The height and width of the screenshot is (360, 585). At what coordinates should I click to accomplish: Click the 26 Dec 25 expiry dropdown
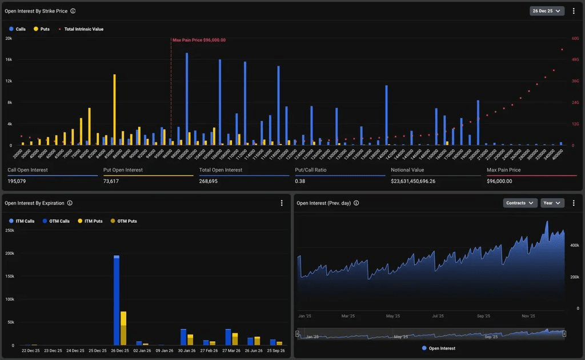[x=547, y=11]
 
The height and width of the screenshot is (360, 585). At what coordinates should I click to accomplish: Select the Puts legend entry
[x=41, y=29]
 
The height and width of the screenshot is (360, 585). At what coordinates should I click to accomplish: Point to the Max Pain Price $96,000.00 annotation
[x=199, y=40]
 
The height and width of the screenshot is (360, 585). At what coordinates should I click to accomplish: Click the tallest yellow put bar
[x=114, y=109]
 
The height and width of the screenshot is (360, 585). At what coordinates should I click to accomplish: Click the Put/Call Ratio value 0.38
[x=300, y=181]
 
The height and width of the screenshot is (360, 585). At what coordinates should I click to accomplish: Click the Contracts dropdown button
[x=520, y=203]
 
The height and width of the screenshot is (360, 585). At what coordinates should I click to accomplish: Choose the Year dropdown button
[x=552, y=203]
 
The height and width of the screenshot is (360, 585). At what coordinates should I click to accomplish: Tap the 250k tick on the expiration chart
[x=9, y=230]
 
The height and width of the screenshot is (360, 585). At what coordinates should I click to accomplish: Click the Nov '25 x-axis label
[x=528, y=316]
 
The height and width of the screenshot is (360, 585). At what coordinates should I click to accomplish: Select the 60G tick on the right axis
[x=575, y=38]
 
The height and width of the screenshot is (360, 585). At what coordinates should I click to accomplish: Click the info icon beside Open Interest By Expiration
[x=70, y=203]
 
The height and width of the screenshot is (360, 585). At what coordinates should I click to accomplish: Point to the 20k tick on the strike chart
[x=9, y=38]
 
